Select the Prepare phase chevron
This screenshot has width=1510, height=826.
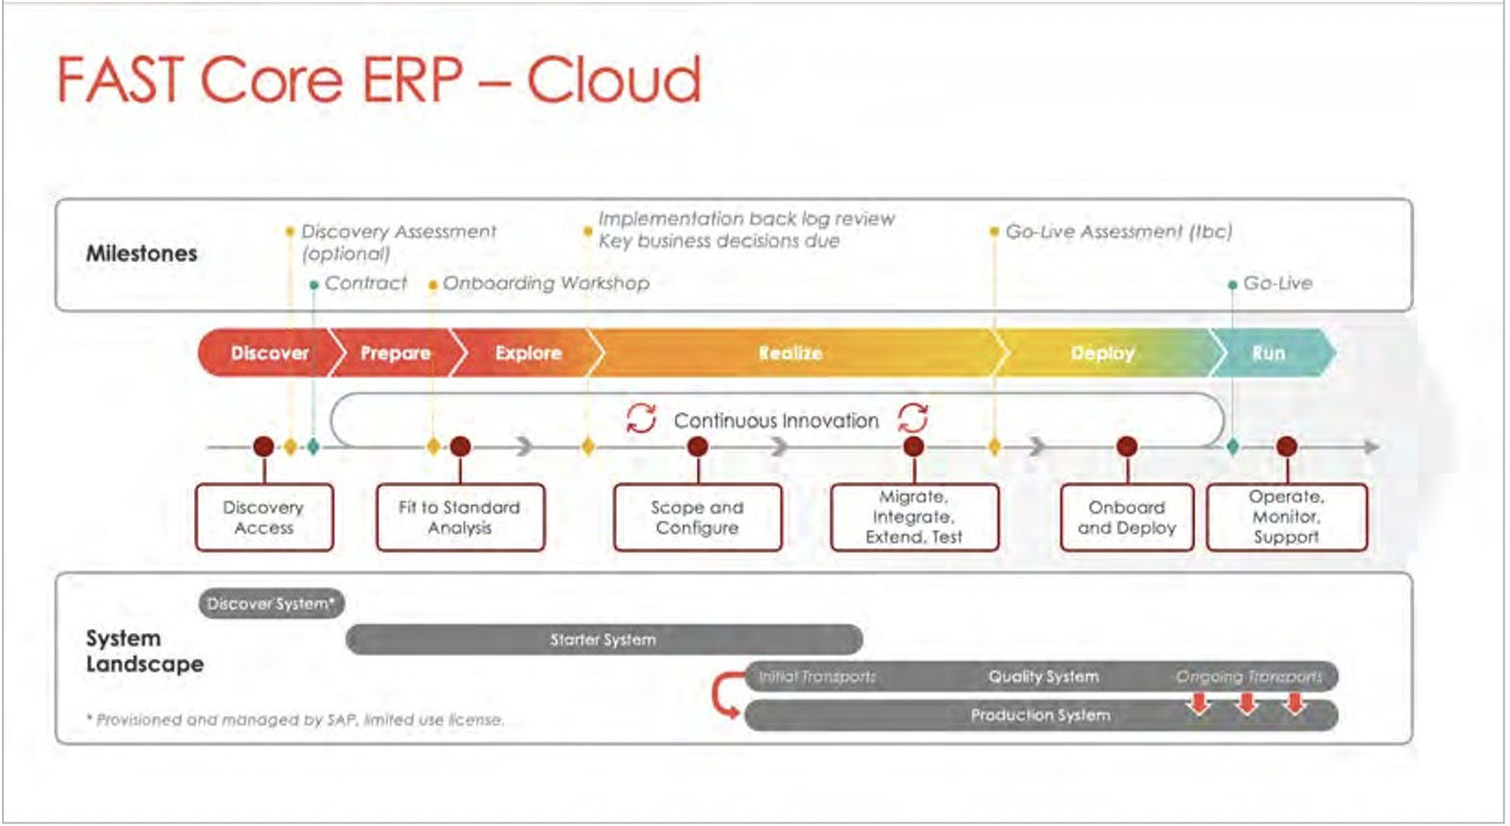pyautogui.click(x=395, y=353)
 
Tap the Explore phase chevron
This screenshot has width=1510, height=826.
pyautogui.click(x=527, y=353)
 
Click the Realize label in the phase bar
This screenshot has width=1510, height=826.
pyautogui.click(x=790, y=353)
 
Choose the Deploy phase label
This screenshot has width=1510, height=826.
pyautogui.click(x=1102, y=353)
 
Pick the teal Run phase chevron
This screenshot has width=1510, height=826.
pyautogui.click(x=1269, y=353)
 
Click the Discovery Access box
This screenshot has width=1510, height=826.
pyautogui.click(x=264, y=518)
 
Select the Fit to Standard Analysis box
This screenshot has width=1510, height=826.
pyautogui.click(x=460, y=518)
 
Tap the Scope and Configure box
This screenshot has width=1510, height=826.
pyautogui.click(x=697, y=518)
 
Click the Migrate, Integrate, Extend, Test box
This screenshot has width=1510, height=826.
pyautogui.click(x=913, y=518)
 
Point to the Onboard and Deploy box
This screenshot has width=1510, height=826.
pyautogui.click(x=1127, y=518)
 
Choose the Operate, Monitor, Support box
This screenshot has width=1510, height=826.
pyautogui.click(x=1286, y=518)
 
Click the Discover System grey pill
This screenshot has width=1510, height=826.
pyautogui.click(x=271, y=604)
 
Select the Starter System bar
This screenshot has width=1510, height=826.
pyautogui.click(x=603, y=640)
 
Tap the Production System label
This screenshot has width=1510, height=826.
pyautogui.click(x=1040, y=716)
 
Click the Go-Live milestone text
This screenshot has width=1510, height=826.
pyautogui.click(x=1277, y=283)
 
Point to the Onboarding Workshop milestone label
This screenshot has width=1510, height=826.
pyautogui.click(x=546, y=283)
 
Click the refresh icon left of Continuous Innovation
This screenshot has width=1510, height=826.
pyautogui.click(x=641, y=419)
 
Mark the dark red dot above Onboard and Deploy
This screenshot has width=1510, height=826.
pyautogui.click(x=1127, y=447)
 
